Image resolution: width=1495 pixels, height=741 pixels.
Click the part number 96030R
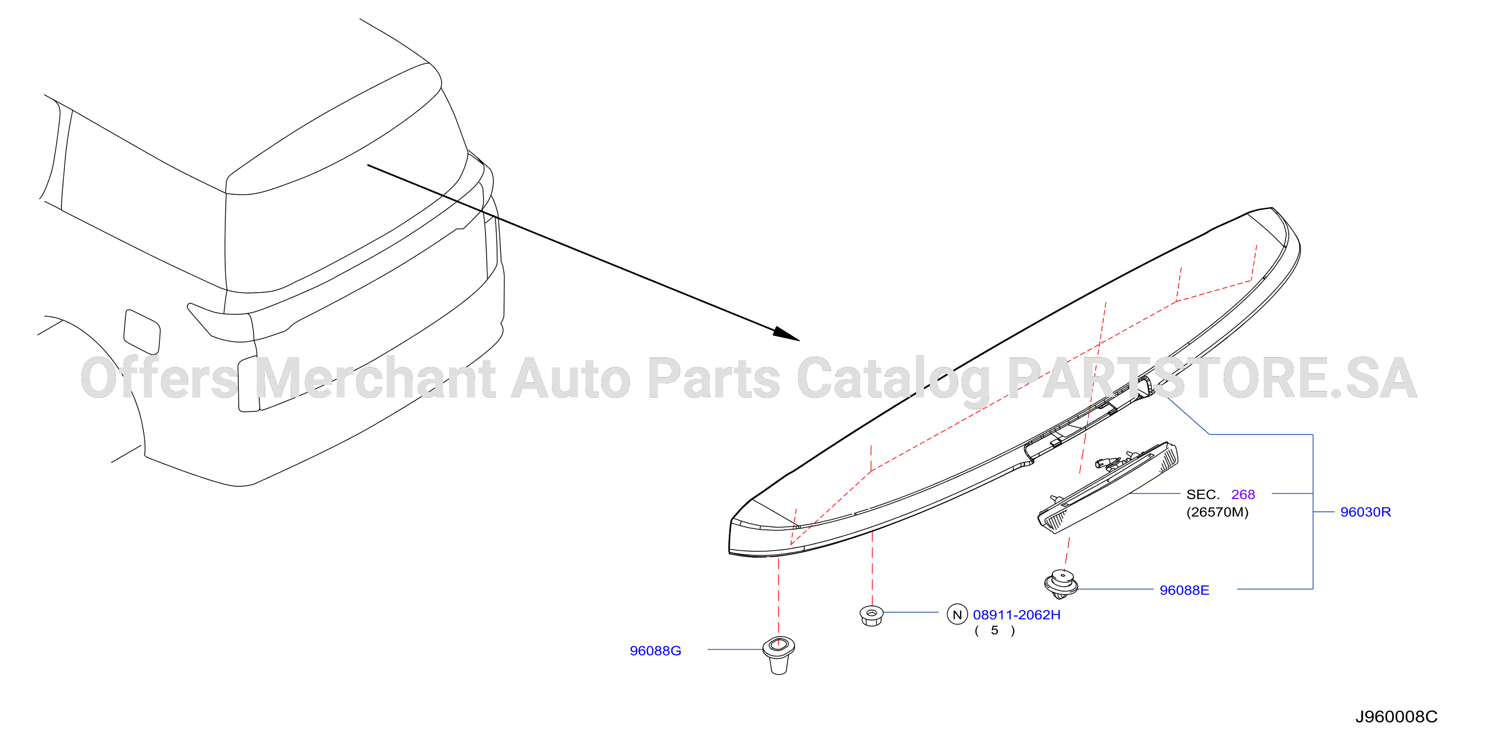(1365, 512)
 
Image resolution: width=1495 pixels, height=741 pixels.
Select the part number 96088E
(1184, 590)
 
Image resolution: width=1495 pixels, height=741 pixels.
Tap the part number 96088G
(655, 651)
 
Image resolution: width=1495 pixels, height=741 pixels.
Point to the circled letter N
(957, 614)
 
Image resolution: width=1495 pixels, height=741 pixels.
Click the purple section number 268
(1243, 494)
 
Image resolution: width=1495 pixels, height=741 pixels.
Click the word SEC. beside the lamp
(1202, 494)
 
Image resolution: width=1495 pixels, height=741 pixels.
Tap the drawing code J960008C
(1396, 717)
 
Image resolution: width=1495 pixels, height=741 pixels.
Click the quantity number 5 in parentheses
(994, 630)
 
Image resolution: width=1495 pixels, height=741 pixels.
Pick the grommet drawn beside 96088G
(778, 655)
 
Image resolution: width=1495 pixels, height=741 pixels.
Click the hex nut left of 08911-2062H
(871, 615)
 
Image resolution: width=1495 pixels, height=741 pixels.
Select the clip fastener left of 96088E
(1061, 584)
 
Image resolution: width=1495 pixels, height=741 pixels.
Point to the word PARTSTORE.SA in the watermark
(1212, 378)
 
